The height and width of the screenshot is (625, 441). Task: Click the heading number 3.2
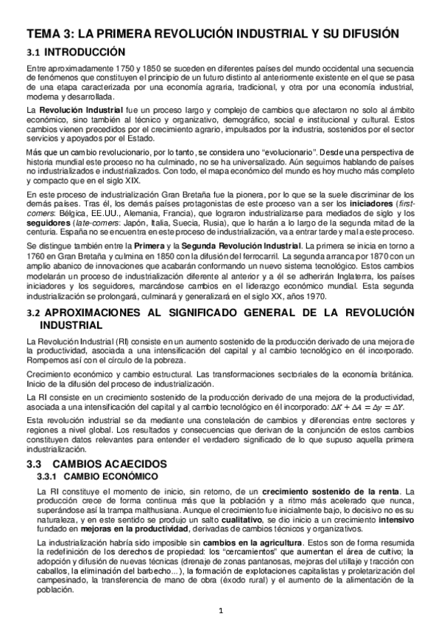point(32,313)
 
